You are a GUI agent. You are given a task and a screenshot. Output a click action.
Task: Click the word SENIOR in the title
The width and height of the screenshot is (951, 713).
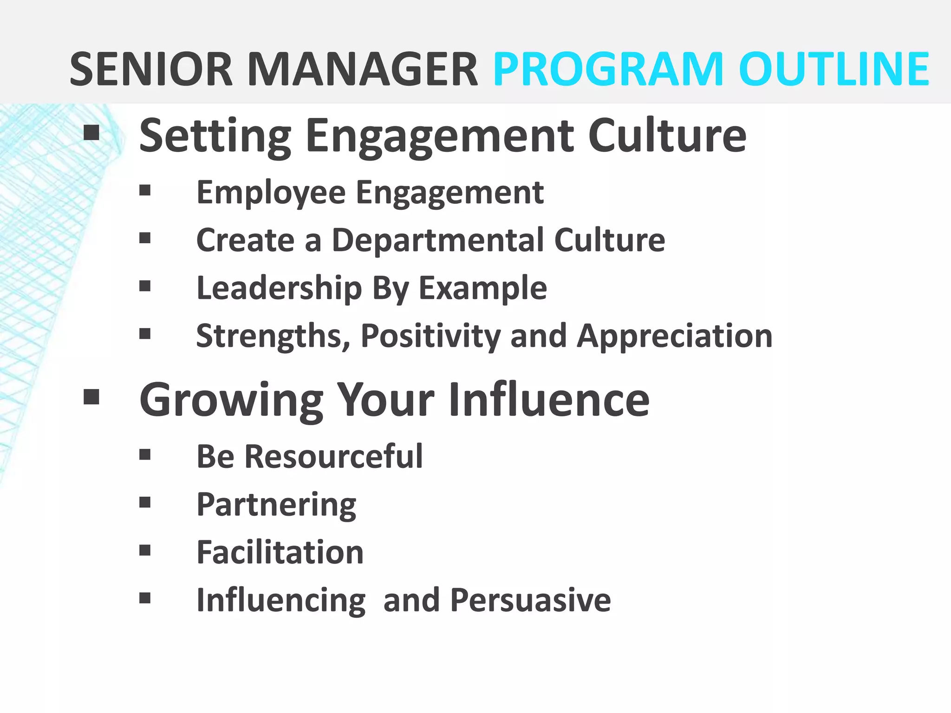coord(151,70)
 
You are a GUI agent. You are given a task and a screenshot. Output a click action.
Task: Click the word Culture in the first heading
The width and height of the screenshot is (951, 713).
coord(667,136)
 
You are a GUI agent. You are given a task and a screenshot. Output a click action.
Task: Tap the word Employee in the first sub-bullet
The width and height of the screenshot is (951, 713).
coord(271,193)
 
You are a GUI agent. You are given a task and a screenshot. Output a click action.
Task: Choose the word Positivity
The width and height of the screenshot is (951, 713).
coord(430,336)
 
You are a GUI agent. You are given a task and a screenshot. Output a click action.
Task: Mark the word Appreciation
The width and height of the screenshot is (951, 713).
coord(674,336)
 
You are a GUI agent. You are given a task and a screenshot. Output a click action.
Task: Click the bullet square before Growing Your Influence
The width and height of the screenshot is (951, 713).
coord(91,397)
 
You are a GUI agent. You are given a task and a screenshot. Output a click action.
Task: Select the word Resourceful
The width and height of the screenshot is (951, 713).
coord(333,456)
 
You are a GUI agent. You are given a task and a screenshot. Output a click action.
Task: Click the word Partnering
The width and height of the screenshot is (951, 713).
coord(276,505)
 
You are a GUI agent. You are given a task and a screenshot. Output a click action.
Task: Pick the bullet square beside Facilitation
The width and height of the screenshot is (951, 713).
coord(145,551)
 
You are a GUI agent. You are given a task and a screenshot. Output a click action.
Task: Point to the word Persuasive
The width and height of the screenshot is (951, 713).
coord(530,600)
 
